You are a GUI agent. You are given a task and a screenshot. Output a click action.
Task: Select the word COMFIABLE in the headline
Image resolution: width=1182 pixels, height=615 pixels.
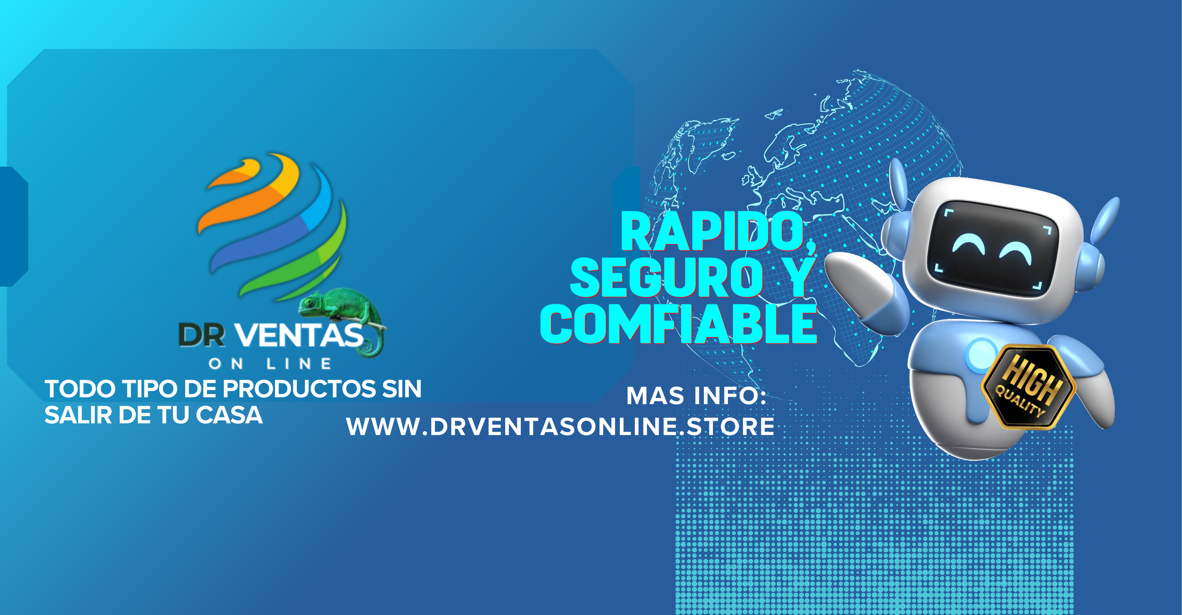tap(679, 324)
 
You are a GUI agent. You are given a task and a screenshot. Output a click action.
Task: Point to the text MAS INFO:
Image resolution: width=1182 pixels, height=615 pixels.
tap(697, 395)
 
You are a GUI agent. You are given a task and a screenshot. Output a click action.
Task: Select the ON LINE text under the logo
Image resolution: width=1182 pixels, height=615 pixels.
tap(270, 364)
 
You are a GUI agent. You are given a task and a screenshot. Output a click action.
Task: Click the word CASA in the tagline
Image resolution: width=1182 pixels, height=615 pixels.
tap(229, 415)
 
